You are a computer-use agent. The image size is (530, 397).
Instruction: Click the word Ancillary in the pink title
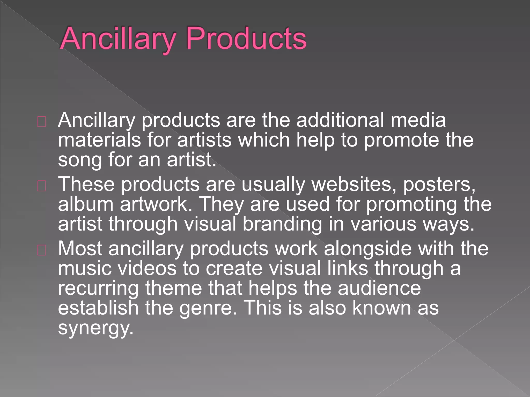coord(118,39)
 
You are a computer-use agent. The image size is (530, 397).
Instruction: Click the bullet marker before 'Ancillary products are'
coord(42,122)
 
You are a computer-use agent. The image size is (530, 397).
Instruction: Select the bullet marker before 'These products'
coord(42,186)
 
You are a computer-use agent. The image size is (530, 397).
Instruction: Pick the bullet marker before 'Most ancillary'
coord(42,250)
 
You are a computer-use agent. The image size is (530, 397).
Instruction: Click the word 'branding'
coord(282,224)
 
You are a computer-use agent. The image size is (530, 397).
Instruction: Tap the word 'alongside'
coord(367,249)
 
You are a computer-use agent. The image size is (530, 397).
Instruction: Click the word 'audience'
coord(379,288)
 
